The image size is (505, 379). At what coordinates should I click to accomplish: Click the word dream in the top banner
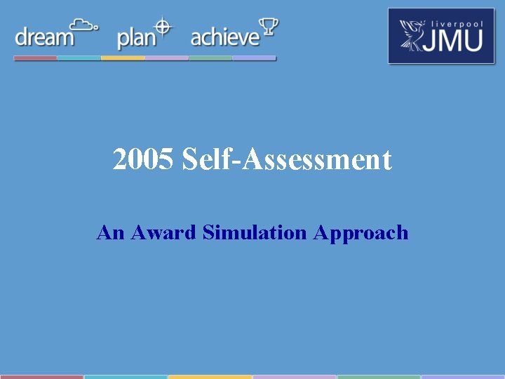(x=43, y=36)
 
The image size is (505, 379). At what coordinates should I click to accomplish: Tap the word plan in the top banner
(x=135, y=38)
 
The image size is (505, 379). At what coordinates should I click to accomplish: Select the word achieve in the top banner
(x=224, y=36)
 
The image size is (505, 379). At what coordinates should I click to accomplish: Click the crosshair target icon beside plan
(x=163, y=27)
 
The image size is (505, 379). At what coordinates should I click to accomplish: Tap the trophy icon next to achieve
(x=269, y=27)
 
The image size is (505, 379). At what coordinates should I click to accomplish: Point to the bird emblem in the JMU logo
(x=414, y=36)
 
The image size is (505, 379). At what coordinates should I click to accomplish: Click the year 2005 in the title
(x=143, y=160)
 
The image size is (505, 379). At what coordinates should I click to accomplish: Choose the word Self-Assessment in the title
(x=286, y=160)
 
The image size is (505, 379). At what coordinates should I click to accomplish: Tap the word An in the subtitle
(x=109, y=232)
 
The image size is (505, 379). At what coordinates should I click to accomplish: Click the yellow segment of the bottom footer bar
(x=210, y=376)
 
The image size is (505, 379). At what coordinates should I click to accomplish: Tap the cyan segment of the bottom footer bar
(x=126, y=376)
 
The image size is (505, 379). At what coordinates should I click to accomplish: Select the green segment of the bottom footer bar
(x=378, y=376)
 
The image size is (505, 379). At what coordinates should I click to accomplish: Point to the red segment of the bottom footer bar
(x=41, y=376)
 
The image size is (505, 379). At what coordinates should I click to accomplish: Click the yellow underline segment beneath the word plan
(x=123, y=58)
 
